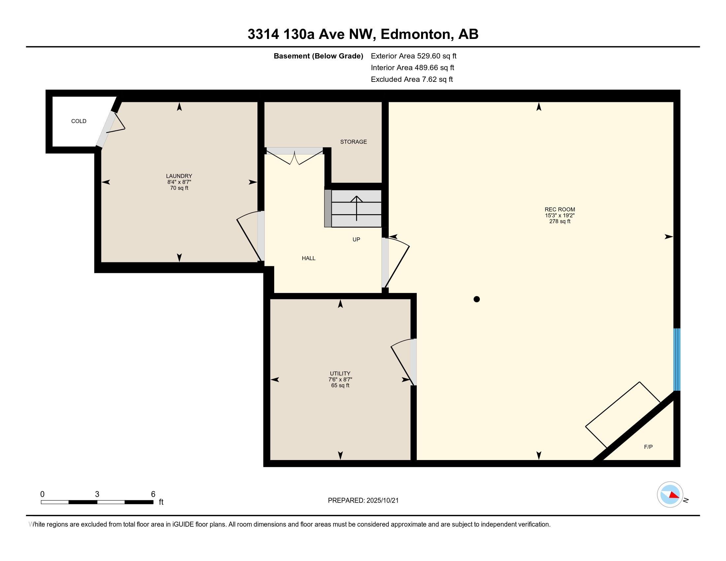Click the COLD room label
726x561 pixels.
coord(79,121)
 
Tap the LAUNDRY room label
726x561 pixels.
coord(179,176)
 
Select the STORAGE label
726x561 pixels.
coord(353,142)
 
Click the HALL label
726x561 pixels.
coord(309,258)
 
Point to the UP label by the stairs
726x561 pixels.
coord(356,240)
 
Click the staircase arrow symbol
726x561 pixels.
coord(356,208)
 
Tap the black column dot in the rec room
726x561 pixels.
coord(476,299)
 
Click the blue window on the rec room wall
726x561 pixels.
coord(676,359)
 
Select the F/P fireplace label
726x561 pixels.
coord(648,447)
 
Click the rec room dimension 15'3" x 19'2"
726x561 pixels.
coord(559,215)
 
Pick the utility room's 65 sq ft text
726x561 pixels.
coord(340,385)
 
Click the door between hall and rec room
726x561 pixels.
coord(396,263)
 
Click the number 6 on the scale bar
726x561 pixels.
coord(153,494)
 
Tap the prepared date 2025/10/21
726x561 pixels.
coord(382,501)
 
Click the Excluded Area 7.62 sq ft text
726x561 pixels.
coord(412,80)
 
